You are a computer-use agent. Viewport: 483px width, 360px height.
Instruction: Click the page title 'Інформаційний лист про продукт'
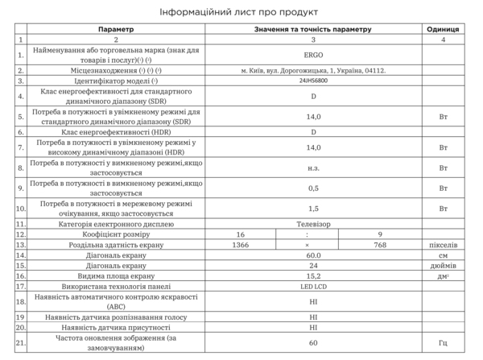(241, 12)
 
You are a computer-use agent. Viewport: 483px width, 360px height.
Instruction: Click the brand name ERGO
(313, 56)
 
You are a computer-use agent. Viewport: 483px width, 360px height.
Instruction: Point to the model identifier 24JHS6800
(313, 81)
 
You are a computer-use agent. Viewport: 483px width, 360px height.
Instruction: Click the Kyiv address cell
(313, 71)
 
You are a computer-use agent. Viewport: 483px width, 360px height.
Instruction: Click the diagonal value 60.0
(313, 254)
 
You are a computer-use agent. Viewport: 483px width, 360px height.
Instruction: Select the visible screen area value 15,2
(313, 275)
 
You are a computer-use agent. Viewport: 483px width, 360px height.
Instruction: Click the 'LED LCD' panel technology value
(313, 286)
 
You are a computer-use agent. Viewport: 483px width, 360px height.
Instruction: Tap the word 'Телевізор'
(313, 223)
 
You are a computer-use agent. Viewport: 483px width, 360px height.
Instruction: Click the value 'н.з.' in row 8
(313, 168)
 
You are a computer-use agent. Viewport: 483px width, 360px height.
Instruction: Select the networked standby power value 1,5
(313, 208)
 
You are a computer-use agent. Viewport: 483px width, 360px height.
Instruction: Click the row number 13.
(21, 244)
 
